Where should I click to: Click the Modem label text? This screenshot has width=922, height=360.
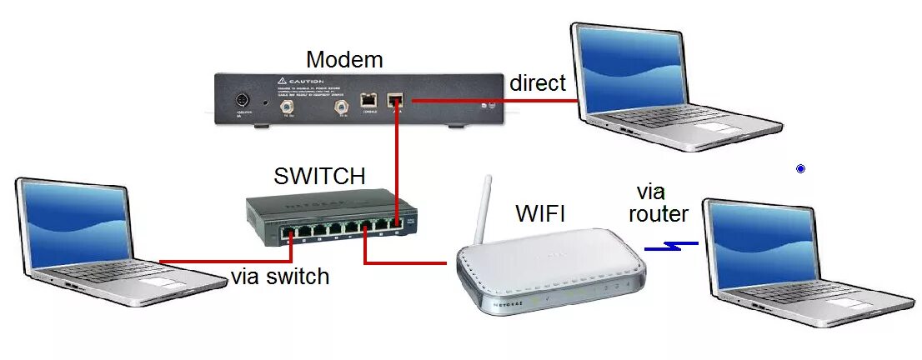pyautogui.click(x=344, y=60)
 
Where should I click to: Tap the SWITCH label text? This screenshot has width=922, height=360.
pyautogui.click(x=319, y=177)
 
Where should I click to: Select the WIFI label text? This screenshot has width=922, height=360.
pyautogui.click(x=540, y=213)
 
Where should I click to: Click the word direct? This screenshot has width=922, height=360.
pyautogui.click(x=538, y=83)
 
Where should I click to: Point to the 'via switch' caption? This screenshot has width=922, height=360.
pyautogui.click(x=280, y=277)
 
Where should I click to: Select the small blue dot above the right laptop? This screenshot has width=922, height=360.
pyautogui.click(x=801, y=169)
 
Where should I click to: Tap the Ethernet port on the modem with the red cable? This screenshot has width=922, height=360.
pyautogui.click(x=397, y=101)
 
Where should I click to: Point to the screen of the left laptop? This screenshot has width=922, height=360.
pyautogui.click(x=75, y=223)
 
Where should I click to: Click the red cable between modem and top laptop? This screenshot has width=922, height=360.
pyautogui.click(x=492, y=101)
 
